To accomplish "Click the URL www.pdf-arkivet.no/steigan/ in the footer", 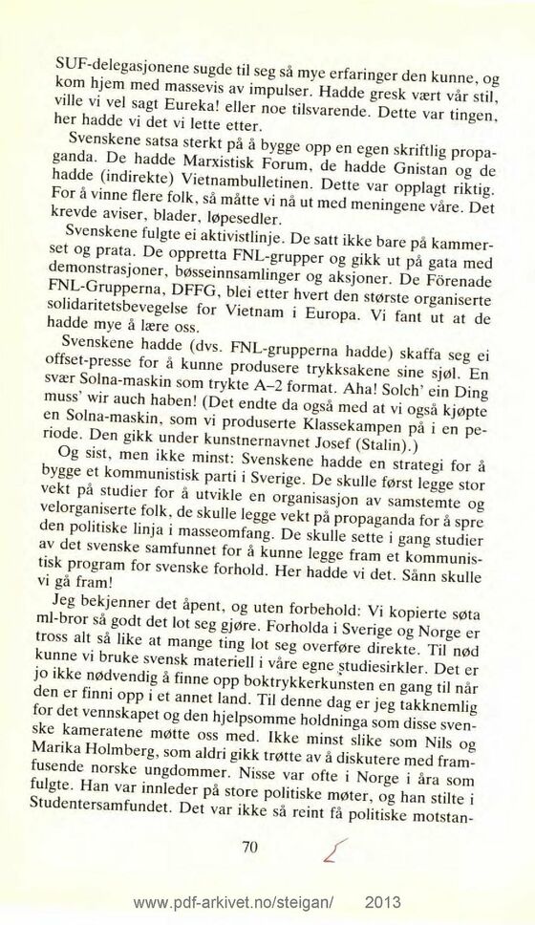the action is tap(235, 904).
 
